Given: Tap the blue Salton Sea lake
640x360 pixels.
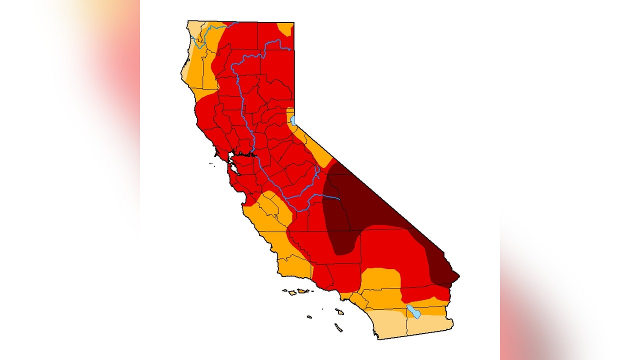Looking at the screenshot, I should (413, 311).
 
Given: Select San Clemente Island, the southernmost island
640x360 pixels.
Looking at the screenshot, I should (338, 327).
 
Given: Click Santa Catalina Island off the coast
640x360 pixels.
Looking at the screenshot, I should (339, 311).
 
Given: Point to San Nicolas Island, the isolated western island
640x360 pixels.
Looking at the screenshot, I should (309, 316).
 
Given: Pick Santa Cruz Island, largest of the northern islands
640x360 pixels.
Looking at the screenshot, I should (302, 290).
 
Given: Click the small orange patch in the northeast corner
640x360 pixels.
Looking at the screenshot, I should (286, 29).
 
